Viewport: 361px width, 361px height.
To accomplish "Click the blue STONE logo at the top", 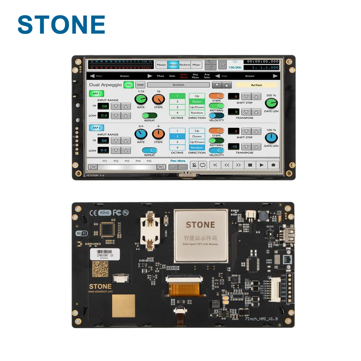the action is (x=61, y=25).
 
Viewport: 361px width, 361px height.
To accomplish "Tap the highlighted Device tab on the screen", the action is (x=173, y=65).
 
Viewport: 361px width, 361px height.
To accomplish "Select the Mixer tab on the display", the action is (x=196, y=65).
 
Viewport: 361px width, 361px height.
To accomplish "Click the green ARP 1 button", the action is (x=96, y=93).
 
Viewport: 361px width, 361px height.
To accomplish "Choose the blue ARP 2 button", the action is (x=96, y=128).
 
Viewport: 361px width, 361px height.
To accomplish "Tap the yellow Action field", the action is (x=256, y=85).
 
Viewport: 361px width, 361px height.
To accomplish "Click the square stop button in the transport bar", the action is (x=250, y=165).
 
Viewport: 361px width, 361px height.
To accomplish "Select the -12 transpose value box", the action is (x=234, y=147).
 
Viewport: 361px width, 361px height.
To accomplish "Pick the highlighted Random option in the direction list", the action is (x=197, y=148).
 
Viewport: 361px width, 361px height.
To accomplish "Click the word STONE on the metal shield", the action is (x=200, y=225).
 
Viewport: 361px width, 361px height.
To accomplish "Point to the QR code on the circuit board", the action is (x=100, y=269).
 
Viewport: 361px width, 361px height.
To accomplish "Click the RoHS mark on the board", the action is (x=105, y=213).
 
